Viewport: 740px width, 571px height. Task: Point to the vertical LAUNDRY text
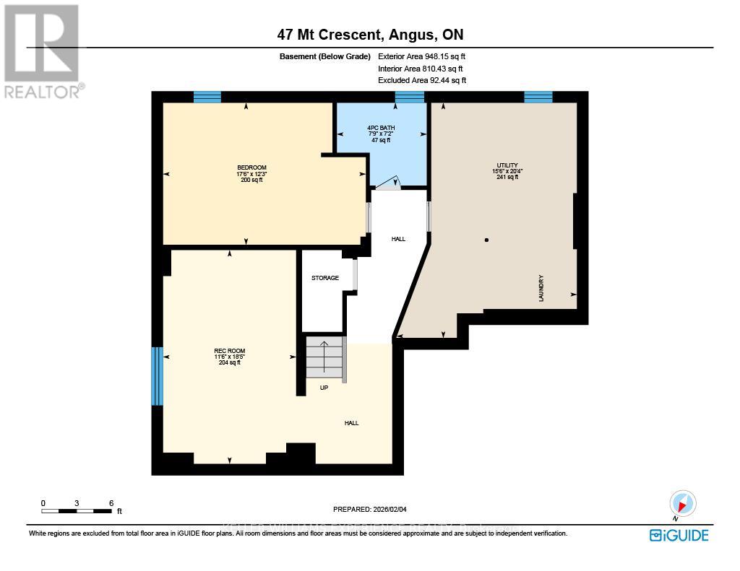541,287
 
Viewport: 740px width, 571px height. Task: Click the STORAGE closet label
325,278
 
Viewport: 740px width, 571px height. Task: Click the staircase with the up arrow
324,357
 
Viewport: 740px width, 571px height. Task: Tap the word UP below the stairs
324,388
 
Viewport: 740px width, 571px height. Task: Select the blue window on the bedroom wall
207,97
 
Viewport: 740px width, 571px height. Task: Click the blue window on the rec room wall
157,376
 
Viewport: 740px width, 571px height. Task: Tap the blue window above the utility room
538,97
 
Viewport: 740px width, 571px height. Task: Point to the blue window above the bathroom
409,97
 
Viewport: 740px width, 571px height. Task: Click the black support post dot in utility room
486,240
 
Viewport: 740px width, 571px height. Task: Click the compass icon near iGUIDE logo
682,503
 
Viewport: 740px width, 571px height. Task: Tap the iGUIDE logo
679,535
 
